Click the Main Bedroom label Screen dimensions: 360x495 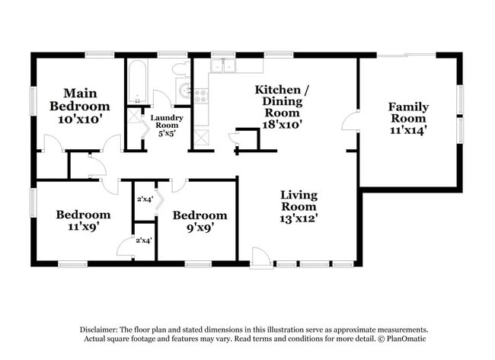click(79, 99)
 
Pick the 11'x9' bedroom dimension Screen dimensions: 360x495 click(84, 226)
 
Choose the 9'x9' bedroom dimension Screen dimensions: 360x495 click(199, 226)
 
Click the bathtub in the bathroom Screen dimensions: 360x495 click(138, 81)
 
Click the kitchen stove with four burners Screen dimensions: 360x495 click(203, 96)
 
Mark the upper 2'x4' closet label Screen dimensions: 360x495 click(145, 199)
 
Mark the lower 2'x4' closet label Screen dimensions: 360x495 click(143, 241)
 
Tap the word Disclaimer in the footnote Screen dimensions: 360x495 click(102, 329)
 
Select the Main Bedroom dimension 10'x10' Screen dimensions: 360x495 click(79, 119)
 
